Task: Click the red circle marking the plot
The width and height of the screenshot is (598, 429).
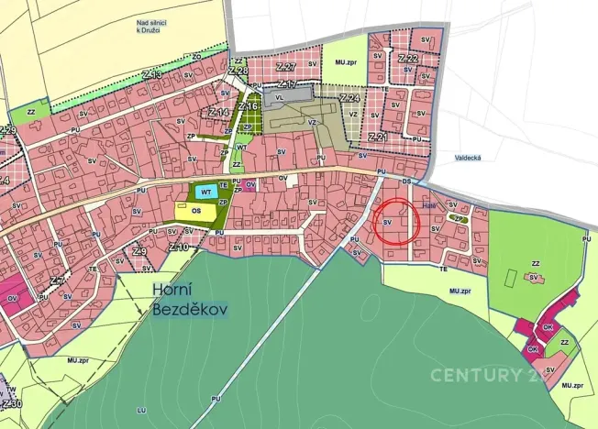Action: (397, 221)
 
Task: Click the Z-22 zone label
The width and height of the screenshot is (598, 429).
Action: (408, 58)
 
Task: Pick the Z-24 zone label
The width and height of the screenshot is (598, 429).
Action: (349, 97)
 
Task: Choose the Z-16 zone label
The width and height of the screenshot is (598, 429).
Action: (248, 106)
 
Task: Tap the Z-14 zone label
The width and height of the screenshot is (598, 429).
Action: (218, 112)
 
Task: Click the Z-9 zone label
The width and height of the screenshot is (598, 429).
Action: (139, 251)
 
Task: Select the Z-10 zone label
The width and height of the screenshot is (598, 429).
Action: (179, 247)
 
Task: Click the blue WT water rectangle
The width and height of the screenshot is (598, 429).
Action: (206, 192)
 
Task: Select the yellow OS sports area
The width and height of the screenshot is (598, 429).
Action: (197, 210)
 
